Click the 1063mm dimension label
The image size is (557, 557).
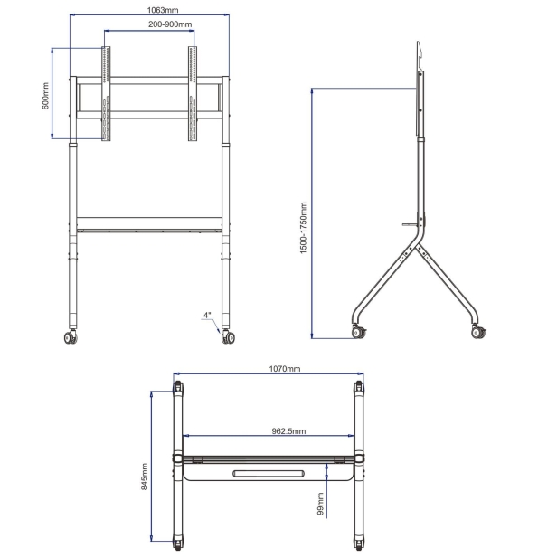coord(163,10)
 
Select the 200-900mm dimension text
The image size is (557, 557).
coord(170,24)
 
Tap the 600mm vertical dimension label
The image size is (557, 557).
coord(45,96)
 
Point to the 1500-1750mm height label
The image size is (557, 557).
coord(303,228)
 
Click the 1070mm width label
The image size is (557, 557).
coord(284,369)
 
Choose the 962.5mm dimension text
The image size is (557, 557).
coord(288,431)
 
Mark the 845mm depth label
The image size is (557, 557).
coord(145,477)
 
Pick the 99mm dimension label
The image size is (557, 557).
coord(320,504)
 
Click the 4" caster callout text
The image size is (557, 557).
coord(207,315)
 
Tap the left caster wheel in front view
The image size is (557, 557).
coord(71,336)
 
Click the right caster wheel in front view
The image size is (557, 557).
coord(228,336)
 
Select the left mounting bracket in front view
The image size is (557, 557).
coord(106,93)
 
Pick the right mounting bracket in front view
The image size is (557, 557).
coord(193,93)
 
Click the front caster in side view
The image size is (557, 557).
coord(359,332)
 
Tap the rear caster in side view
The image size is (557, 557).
coord(478,332)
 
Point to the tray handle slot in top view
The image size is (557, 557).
coord(269,474)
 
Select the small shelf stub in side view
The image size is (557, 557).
coord(411,224)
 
